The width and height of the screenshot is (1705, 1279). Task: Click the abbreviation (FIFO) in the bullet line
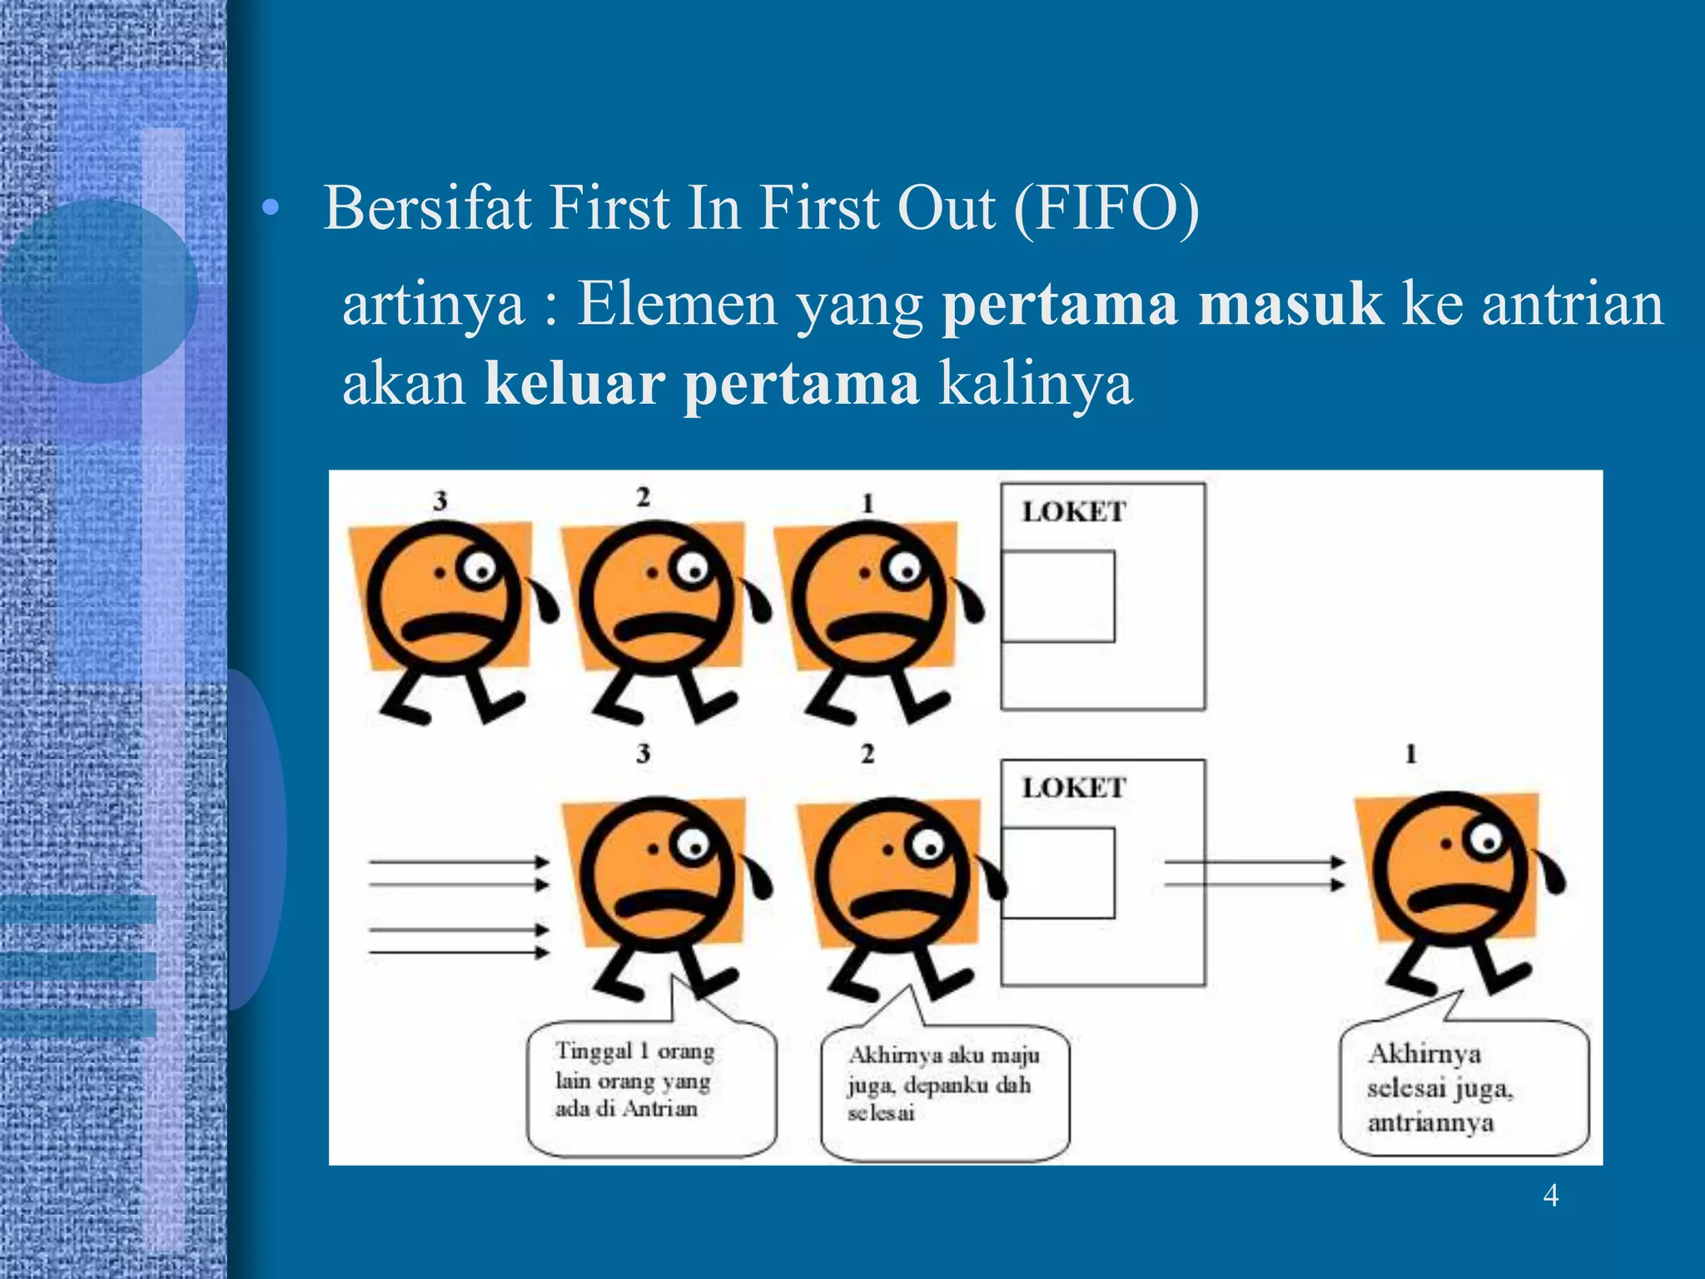(1106, 208)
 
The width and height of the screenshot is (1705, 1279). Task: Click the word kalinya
(1036, 384)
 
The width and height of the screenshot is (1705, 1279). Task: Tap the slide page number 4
(1550, 1196)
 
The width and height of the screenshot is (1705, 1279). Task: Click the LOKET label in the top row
(1074, 511)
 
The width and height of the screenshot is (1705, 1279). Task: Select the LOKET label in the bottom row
(1074, 788)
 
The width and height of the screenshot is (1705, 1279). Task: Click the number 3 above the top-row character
(440, 500)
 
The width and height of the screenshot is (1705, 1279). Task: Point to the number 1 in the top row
(867, 503)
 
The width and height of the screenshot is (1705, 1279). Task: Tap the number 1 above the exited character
(1410, 754)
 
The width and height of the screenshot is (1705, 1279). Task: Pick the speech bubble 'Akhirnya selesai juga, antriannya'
(1464, 1087)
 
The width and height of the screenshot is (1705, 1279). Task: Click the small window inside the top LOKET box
(1057, 596)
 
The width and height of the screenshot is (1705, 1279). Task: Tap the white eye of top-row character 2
(692, 569)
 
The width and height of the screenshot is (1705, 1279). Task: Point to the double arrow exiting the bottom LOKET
(1254, 873)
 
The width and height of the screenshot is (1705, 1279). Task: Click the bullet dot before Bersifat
(268, 209)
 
